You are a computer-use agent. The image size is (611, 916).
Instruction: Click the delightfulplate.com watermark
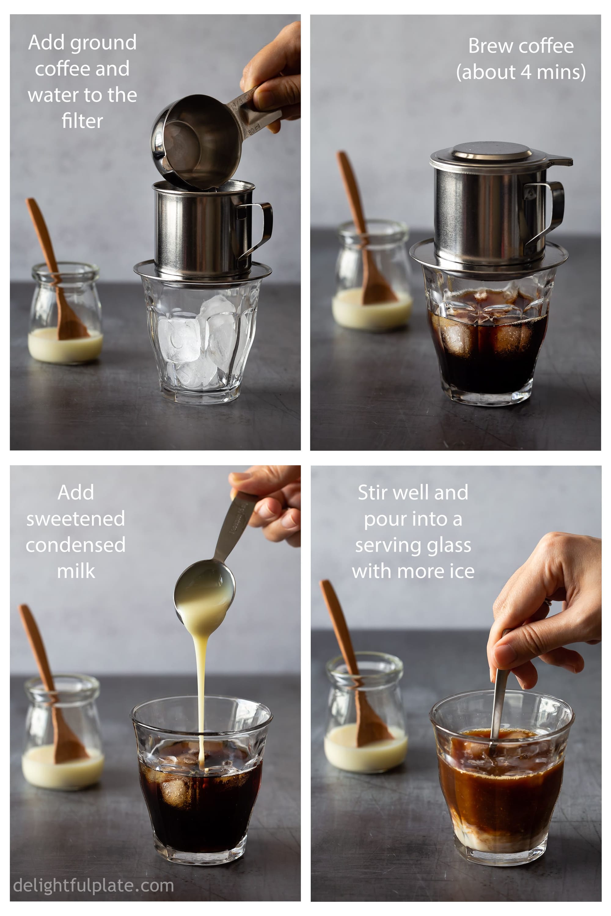93,885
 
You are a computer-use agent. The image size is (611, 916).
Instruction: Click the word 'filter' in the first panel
82,121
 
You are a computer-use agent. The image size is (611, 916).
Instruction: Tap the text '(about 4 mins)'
521,72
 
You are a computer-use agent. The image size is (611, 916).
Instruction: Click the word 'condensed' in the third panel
75,545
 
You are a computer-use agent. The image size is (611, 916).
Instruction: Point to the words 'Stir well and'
413,493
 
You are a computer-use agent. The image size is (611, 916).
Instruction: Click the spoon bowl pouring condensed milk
205,588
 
